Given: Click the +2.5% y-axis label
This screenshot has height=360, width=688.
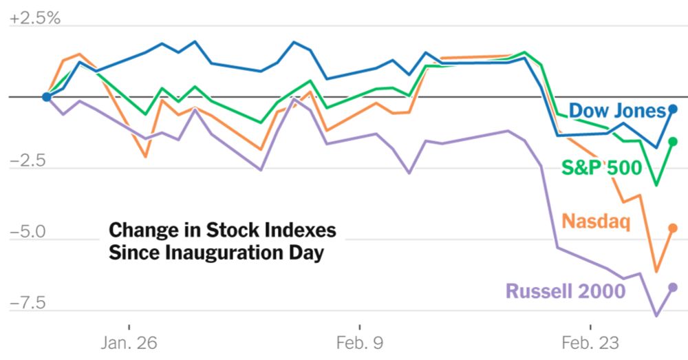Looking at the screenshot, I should point(34,17).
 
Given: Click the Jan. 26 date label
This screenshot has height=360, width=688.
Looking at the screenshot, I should point(129,342).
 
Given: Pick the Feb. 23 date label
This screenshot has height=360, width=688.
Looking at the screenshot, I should point(591,342).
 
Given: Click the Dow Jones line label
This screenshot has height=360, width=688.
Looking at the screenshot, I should point(617,110).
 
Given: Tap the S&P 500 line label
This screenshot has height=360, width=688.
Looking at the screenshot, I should point(601,167).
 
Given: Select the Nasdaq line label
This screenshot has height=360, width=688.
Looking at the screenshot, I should point(596,222).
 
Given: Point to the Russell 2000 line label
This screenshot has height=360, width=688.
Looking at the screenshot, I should point(566,291).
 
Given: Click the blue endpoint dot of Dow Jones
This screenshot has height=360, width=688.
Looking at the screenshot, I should point(673,109).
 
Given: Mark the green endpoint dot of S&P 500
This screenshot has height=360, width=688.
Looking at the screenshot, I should point(673,142).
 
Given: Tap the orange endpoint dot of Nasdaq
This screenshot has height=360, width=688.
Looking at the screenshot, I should point(673,228).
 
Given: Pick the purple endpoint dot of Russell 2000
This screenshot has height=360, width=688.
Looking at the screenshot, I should point(673,287).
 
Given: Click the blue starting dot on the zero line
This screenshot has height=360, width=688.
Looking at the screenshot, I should point(46,96).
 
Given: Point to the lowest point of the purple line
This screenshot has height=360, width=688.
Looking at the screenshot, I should point(656,316).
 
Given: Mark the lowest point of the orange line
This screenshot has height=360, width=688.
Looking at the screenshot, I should point(656,271).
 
